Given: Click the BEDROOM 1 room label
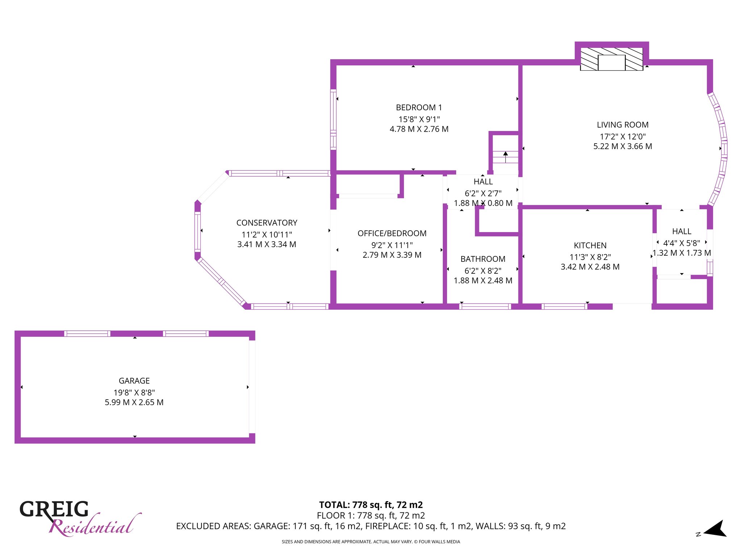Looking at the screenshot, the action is [419, 108].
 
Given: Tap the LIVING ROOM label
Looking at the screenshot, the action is [622, 125].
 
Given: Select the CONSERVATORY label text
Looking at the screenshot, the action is [267, 223].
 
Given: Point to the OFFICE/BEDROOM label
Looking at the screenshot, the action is [392, 233].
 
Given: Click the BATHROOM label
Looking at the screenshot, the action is [483, 259].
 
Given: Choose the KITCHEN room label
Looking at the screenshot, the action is [590, 246].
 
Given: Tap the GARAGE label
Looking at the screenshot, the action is [134, 381].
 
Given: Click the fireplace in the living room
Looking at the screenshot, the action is [612, 59].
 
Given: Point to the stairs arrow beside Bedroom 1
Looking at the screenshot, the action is [505, 157].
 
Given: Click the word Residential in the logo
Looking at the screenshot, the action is [95, 525].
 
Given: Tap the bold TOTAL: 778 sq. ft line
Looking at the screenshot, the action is [371, 505].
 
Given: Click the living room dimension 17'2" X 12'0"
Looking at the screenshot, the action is [622, 137].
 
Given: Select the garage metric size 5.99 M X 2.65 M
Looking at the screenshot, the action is [134, 403].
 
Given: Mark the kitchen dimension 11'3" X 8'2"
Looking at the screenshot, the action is [590, 257].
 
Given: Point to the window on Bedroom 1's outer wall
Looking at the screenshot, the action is [333, 119].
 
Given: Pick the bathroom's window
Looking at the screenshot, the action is [485, 306].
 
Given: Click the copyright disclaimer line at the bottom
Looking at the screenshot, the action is [371, 542].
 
